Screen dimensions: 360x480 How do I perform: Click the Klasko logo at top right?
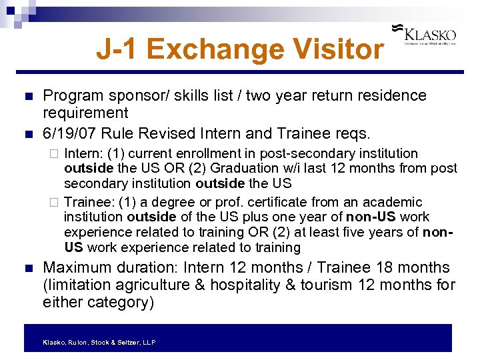pyautogui.click(x=429, y=35)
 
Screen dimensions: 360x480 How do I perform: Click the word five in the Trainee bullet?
pyautogui.click(x=366, y=233)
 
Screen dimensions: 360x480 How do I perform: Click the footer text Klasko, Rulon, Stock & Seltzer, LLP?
pyautogui.click(x=99, y=342)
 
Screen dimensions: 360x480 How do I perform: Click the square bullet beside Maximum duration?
pyautogui.click(x=27, y=269)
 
